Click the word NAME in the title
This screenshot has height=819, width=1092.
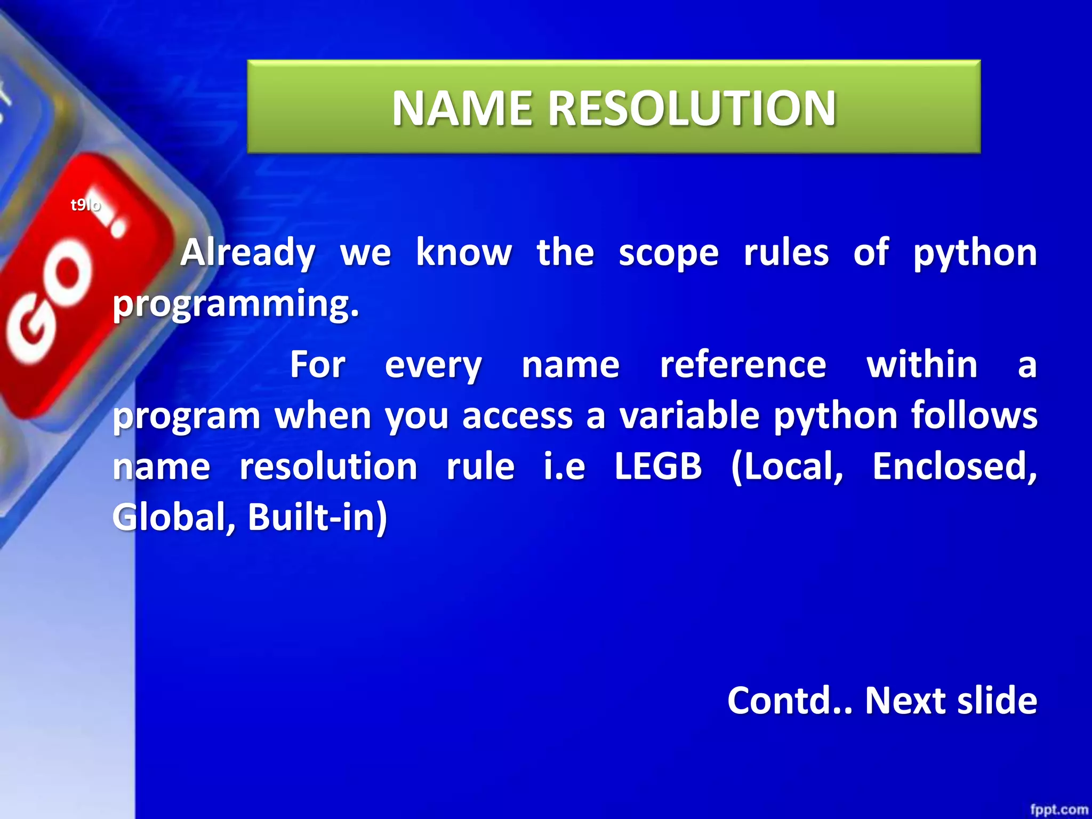[462, 108]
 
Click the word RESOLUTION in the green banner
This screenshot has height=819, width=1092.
[692, 108]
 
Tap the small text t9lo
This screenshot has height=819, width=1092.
[85, 205]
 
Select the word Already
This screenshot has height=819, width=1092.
[248, 253]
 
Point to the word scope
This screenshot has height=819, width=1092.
[669, 253]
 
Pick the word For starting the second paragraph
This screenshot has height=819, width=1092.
[318, 365]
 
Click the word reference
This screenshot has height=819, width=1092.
[743, 365]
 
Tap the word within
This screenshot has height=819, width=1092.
[922, 365]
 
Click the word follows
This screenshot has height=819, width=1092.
[974, 415]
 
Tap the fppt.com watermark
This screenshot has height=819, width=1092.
[1058, 809]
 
